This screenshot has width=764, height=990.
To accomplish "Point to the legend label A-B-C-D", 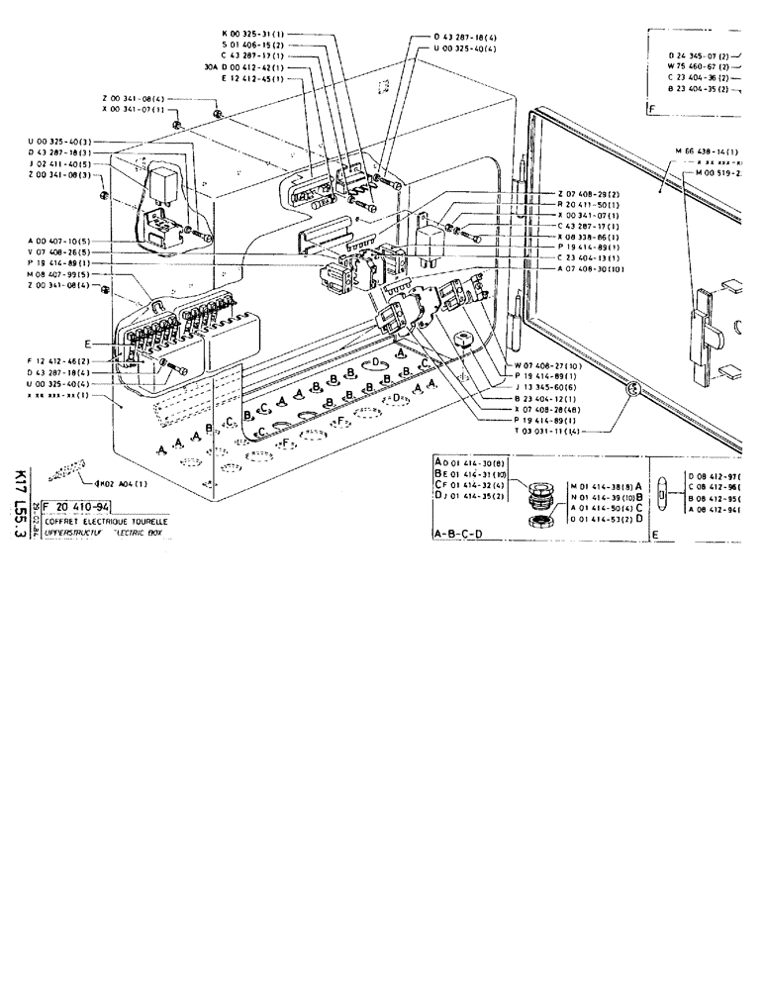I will [x=461, y=535].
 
